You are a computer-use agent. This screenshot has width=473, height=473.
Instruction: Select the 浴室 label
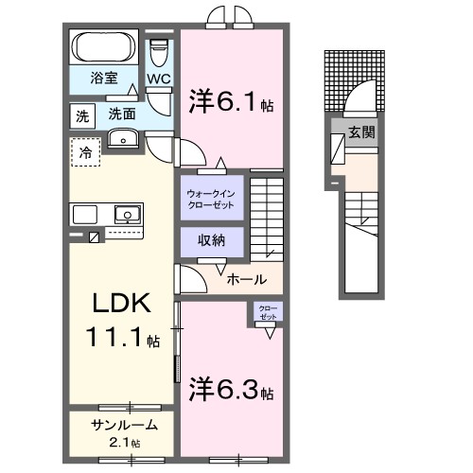click(x=104, y=79)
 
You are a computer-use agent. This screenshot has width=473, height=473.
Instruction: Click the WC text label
click(x=158, y=79)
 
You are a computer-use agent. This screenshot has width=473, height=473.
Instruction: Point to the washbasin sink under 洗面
click(x=123, y=140)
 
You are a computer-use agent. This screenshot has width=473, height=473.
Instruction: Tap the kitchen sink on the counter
click(x=125, y=213)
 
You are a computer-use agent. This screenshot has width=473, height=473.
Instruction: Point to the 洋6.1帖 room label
click(x=231, y=100)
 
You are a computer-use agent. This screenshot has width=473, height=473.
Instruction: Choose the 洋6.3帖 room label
click(x=231, y=389)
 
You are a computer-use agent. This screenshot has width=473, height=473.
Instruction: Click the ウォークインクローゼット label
click(x=213, y=200)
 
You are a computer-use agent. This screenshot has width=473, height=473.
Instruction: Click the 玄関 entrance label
click(x=360, y=131)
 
